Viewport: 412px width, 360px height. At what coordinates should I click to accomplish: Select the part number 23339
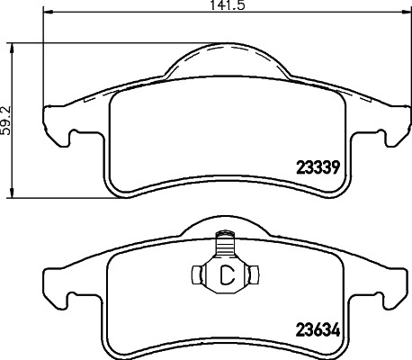coord(316,166)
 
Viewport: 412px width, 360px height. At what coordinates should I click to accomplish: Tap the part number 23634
coord(316,330)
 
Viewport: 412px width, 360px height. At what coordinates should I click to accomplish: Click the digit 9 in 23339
coord(334,166)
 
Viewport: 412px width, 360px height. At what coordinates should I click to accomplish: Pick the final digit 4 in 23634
coord(334,330)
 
